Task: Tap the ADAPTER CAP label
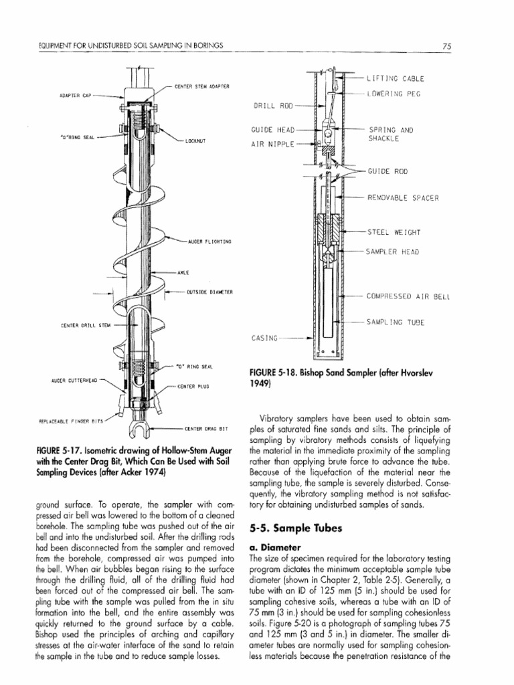[x=72, y=95]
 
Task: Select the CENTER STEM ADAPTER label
[x=201, y=86]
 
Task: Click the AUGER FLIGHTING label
[x=209, y=241]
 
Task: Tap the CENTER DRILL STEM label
[x=84, y=326]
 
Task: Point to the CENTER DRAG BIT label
[x=207, y=427]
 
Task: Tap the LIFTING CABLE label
[x=396, y=78]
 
